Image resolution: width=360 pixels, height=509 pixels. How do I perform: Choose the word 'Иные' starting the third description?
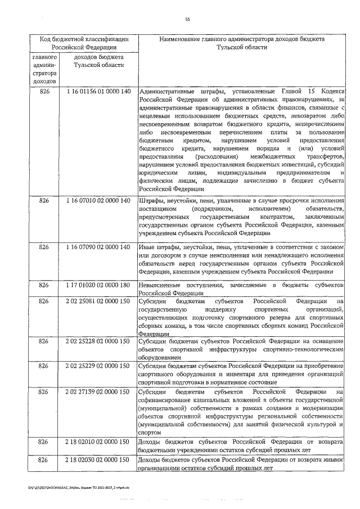click(x=146, y=247)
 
